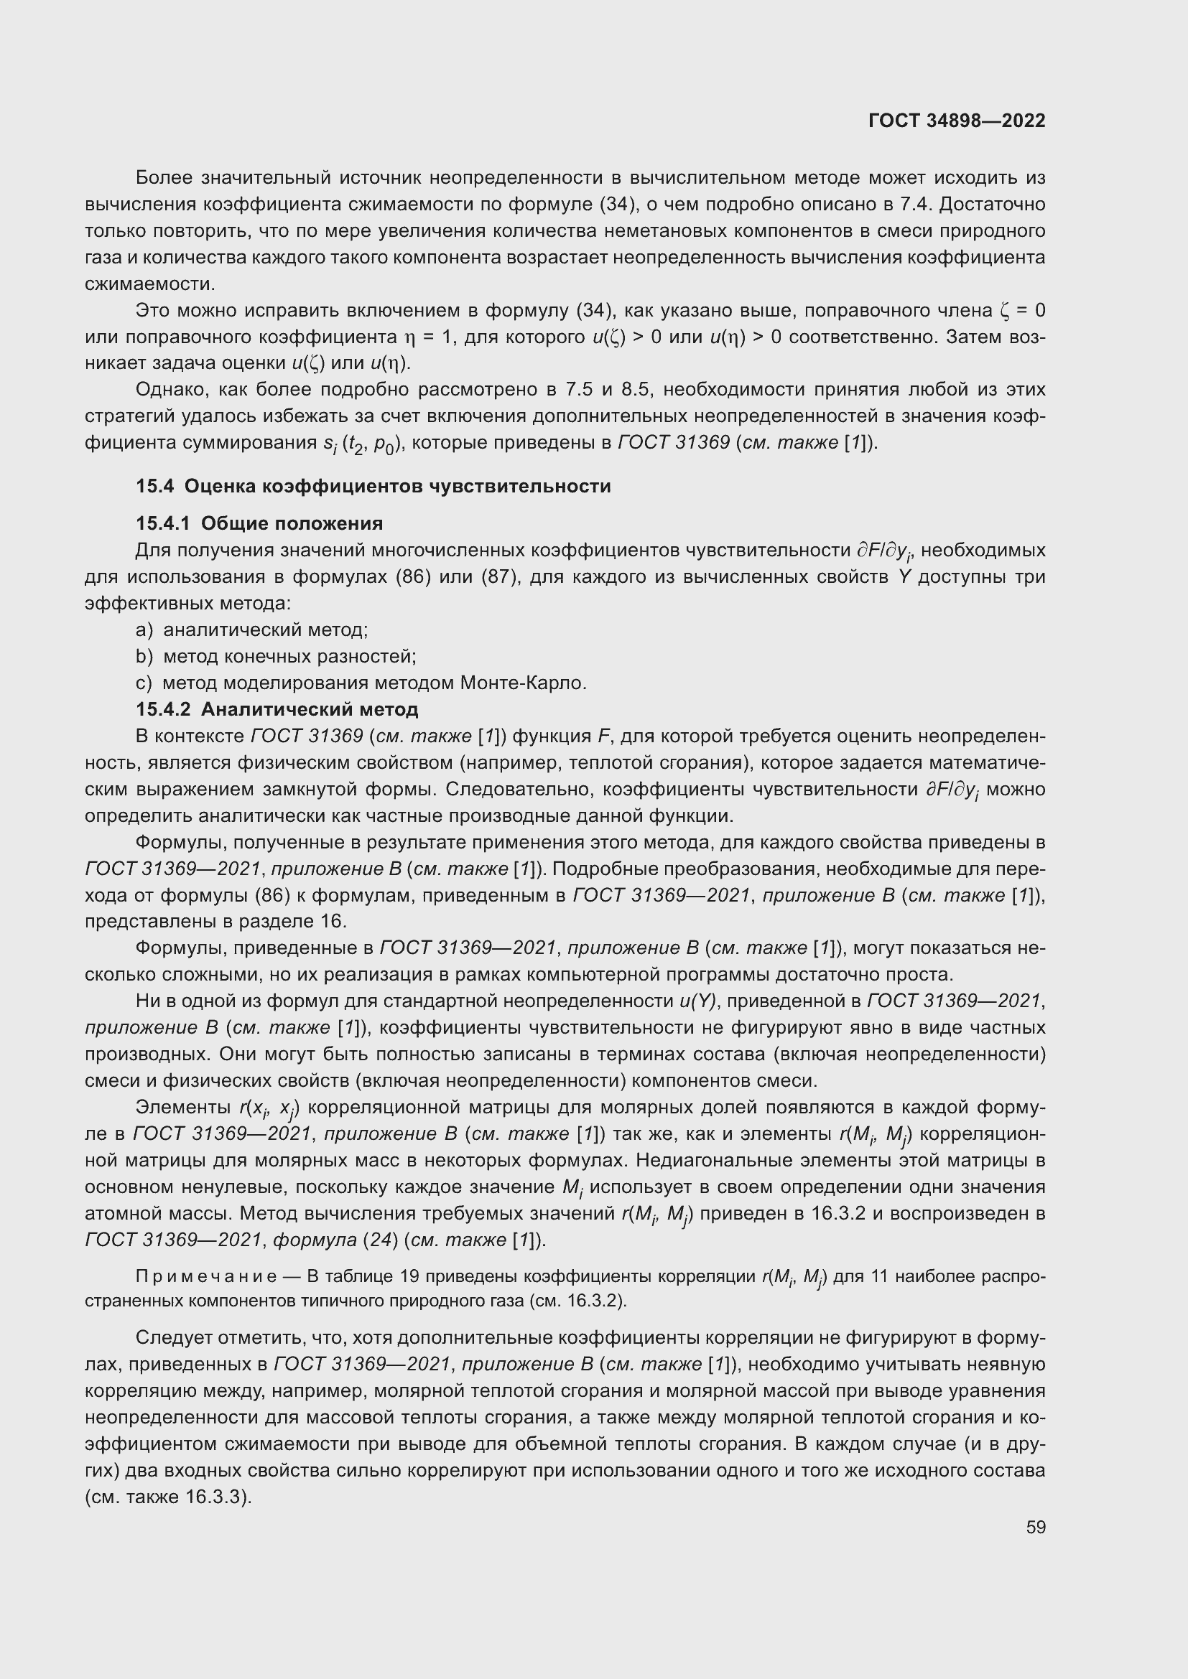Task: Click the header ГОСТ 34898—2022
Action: click(956, 121)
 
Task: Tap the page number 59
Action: click(1035, 1527)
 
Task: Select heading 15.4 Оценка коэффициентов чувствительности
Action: click(373, 486)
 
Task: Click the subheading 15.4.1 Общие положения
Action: click(259, 523)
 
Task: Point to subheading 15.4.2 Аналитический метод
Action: click(277, 709)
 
